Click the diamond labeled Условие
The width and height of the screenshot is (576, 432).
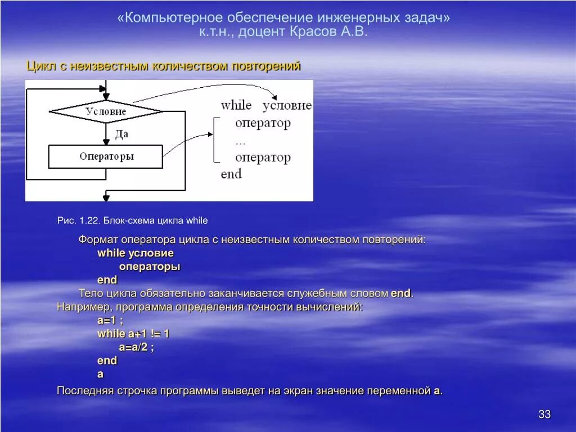[106, 111]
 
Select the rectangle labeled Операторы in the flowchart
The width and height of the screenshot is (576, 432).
[106, 156]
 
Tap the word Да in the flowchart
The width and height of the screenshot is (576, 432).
[122, 134]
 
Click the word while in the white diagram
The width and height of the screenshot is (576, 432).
[236, 105]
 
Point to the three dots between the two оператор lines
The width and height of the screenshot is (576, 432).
[241, 141]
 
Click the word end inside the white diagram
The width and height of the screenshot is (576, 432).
[231, 174]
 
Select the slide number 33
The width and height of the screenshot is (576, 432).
[544, 415]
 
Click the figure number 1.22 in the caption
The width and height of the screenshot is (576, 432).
[89, 220]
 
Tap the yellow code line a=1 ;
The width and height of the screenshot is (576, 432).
[110, 320]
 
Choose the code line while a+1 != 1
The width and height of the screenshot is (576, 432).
[133, 334]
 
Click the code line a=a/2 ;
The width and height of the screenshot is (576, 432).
[136, 347]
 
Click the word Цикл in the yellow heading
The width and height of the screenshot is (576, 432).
[40, 66]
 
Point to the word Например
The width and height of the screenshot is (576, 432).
[84, 307]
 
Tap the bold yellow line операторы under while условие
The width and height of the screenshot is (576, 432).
[149, 267]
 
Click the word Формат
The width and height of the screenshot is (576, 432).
[97, 240]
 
